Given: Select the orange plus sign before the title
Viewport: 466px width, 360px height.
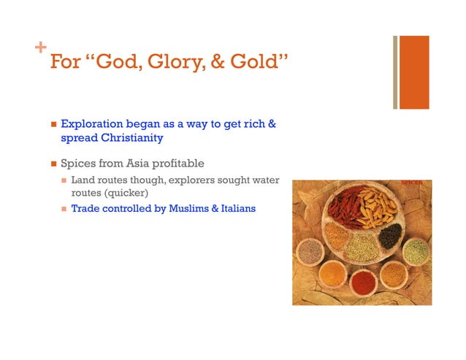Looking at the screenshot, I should pos(40,49).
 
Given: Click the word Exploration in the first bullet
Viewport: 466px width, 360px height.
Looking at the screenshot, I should pos(91,124).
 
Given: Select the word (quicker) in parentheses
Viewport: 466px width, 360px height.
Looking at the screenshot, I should pos(117,194).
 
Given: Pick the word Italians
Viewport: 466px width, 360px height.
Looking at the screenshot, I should pos(236,208).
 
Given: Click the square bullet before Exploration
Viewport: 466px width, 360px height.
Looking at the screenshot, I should pos(52,125).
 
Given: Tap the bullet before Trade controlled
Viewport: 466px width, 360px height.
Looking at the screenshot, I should pos(64,209).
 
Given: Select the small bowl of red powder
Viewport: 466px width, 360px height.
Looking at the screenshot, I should pos(362,280).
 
